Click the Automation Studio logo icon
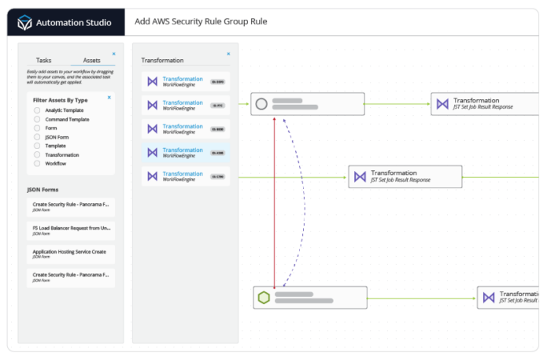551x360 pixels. [28, 21]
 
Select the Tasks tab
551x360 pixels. [44, 60]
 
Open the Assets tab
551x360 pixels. [91, 60]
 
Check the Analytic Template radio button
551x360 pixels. [37, 109]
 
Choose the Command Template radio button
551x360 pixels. [37, 119]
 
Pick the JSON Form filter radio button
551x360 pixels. [37, 137]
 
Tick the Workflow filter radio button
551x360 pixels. [37, 163]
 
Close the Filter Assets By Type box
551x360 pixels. [109, 98]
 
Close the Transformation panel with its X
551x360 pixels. [228, 54]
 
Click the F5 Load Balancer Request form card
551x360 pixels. [71, 230]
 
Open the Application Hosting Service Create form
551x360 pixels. [71, 254]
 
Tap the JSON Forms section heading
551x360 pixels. [44, 190]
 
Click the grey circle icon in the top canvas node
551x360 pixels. [262, 103]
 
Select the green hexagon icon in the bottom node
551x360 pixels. [264, 297]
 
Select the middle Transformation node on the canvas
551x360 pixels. [405, 176]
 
